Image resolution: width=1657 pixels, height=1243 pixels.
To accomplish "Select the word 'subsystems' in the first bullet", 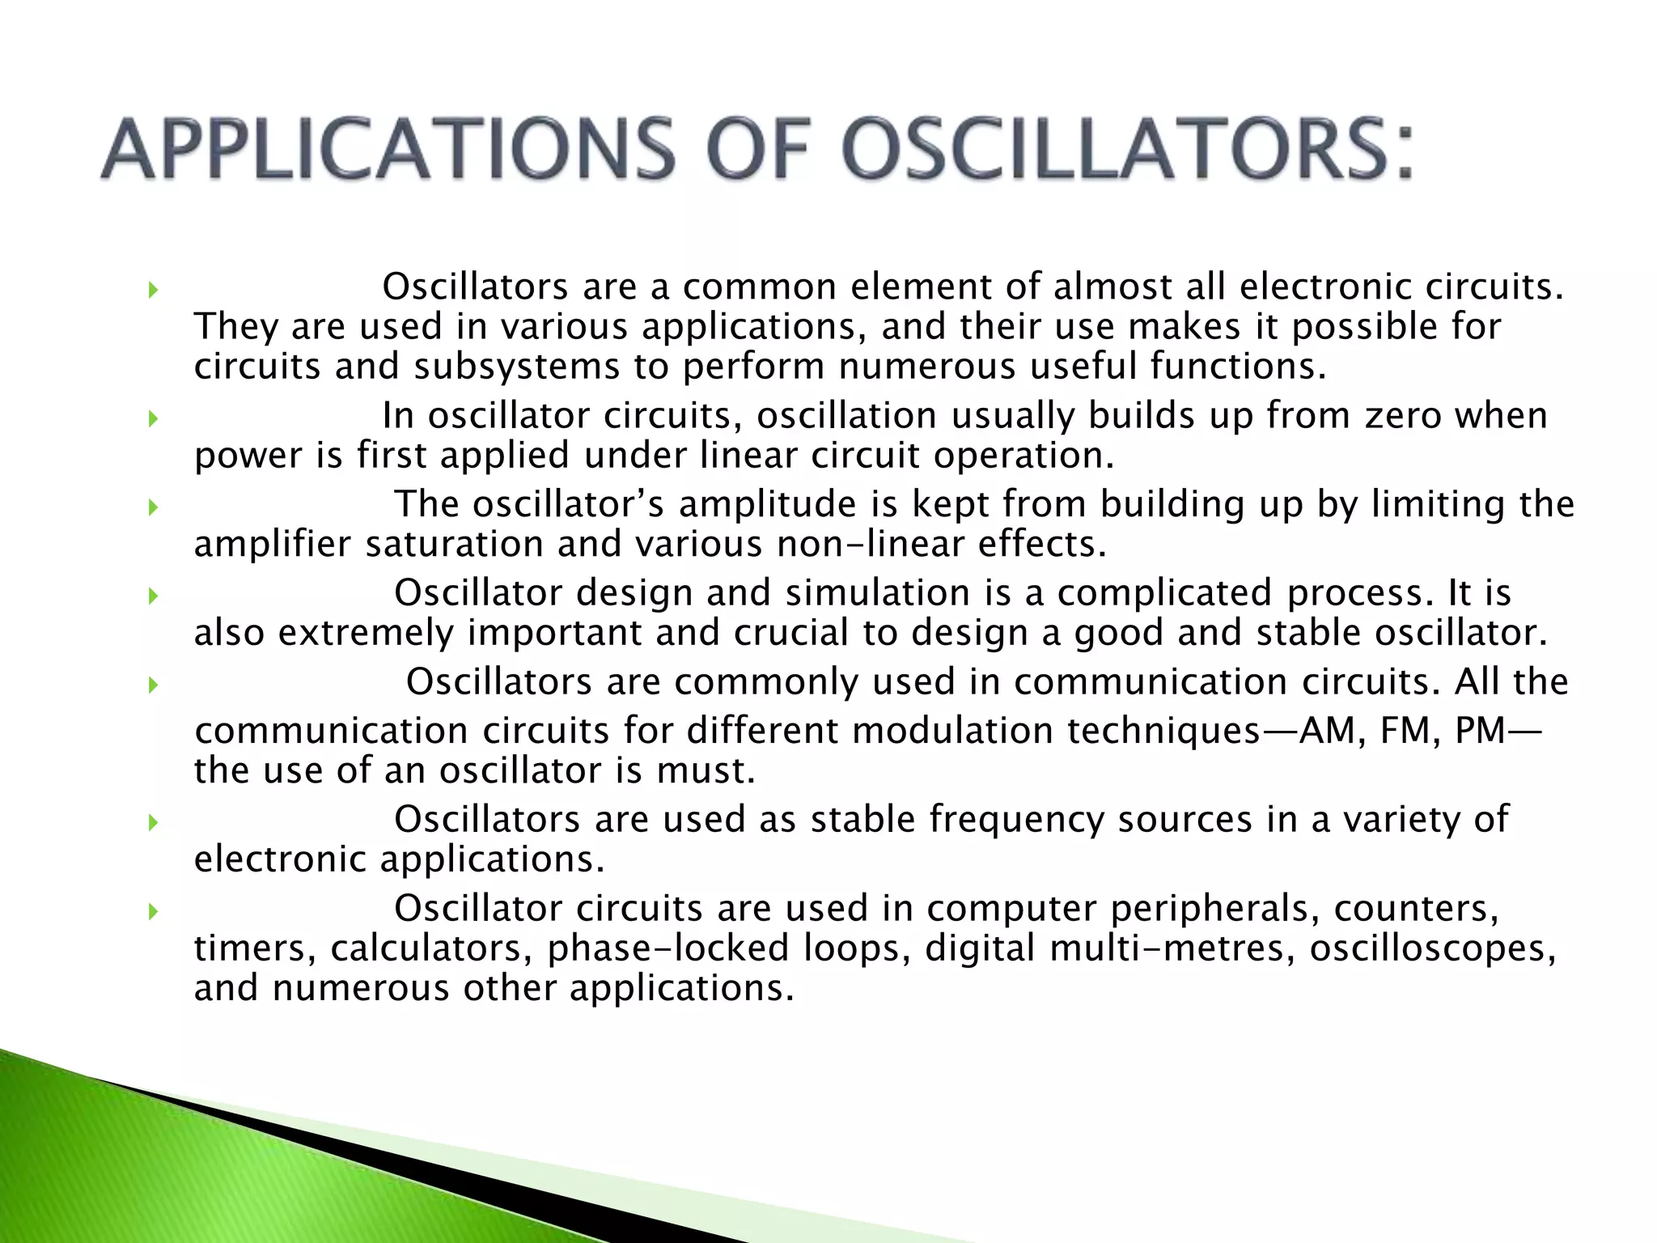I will coord(516,367).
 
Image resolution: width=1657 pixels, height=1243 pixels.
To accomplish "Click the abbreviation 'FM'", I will coord(1407,731).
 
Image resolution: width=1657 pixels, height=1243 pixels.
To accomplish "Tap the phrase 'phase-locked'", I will coord(668,948).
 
